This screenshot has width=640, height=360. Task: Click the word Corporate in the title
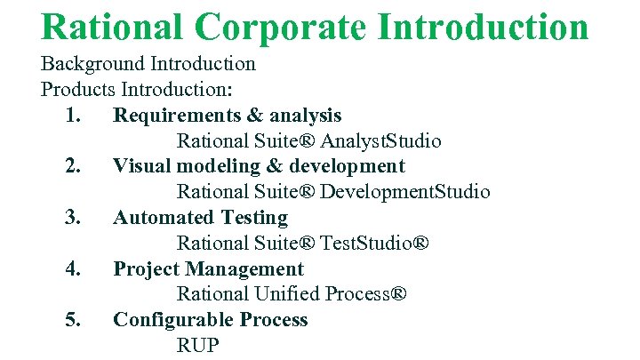[282, 27]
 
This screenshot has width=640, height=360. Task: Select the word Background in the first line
[92, 64]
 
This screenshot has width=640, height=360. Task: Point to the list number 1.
[75, 116]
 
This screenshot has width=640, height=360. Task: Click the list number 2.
[75, 166]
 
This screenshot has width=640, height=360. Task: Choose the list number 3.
[75, 218]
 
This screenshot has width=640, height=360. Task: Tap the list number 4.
[75, 268]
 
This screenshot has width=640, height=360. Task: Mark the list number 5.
[75, 320]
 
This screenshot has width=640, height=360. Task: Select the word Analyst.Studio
[381, 141]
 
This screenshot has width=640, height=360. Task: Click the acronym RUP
[197, 345]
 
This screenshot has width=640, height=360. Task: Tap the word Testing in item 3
[255, 218]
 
